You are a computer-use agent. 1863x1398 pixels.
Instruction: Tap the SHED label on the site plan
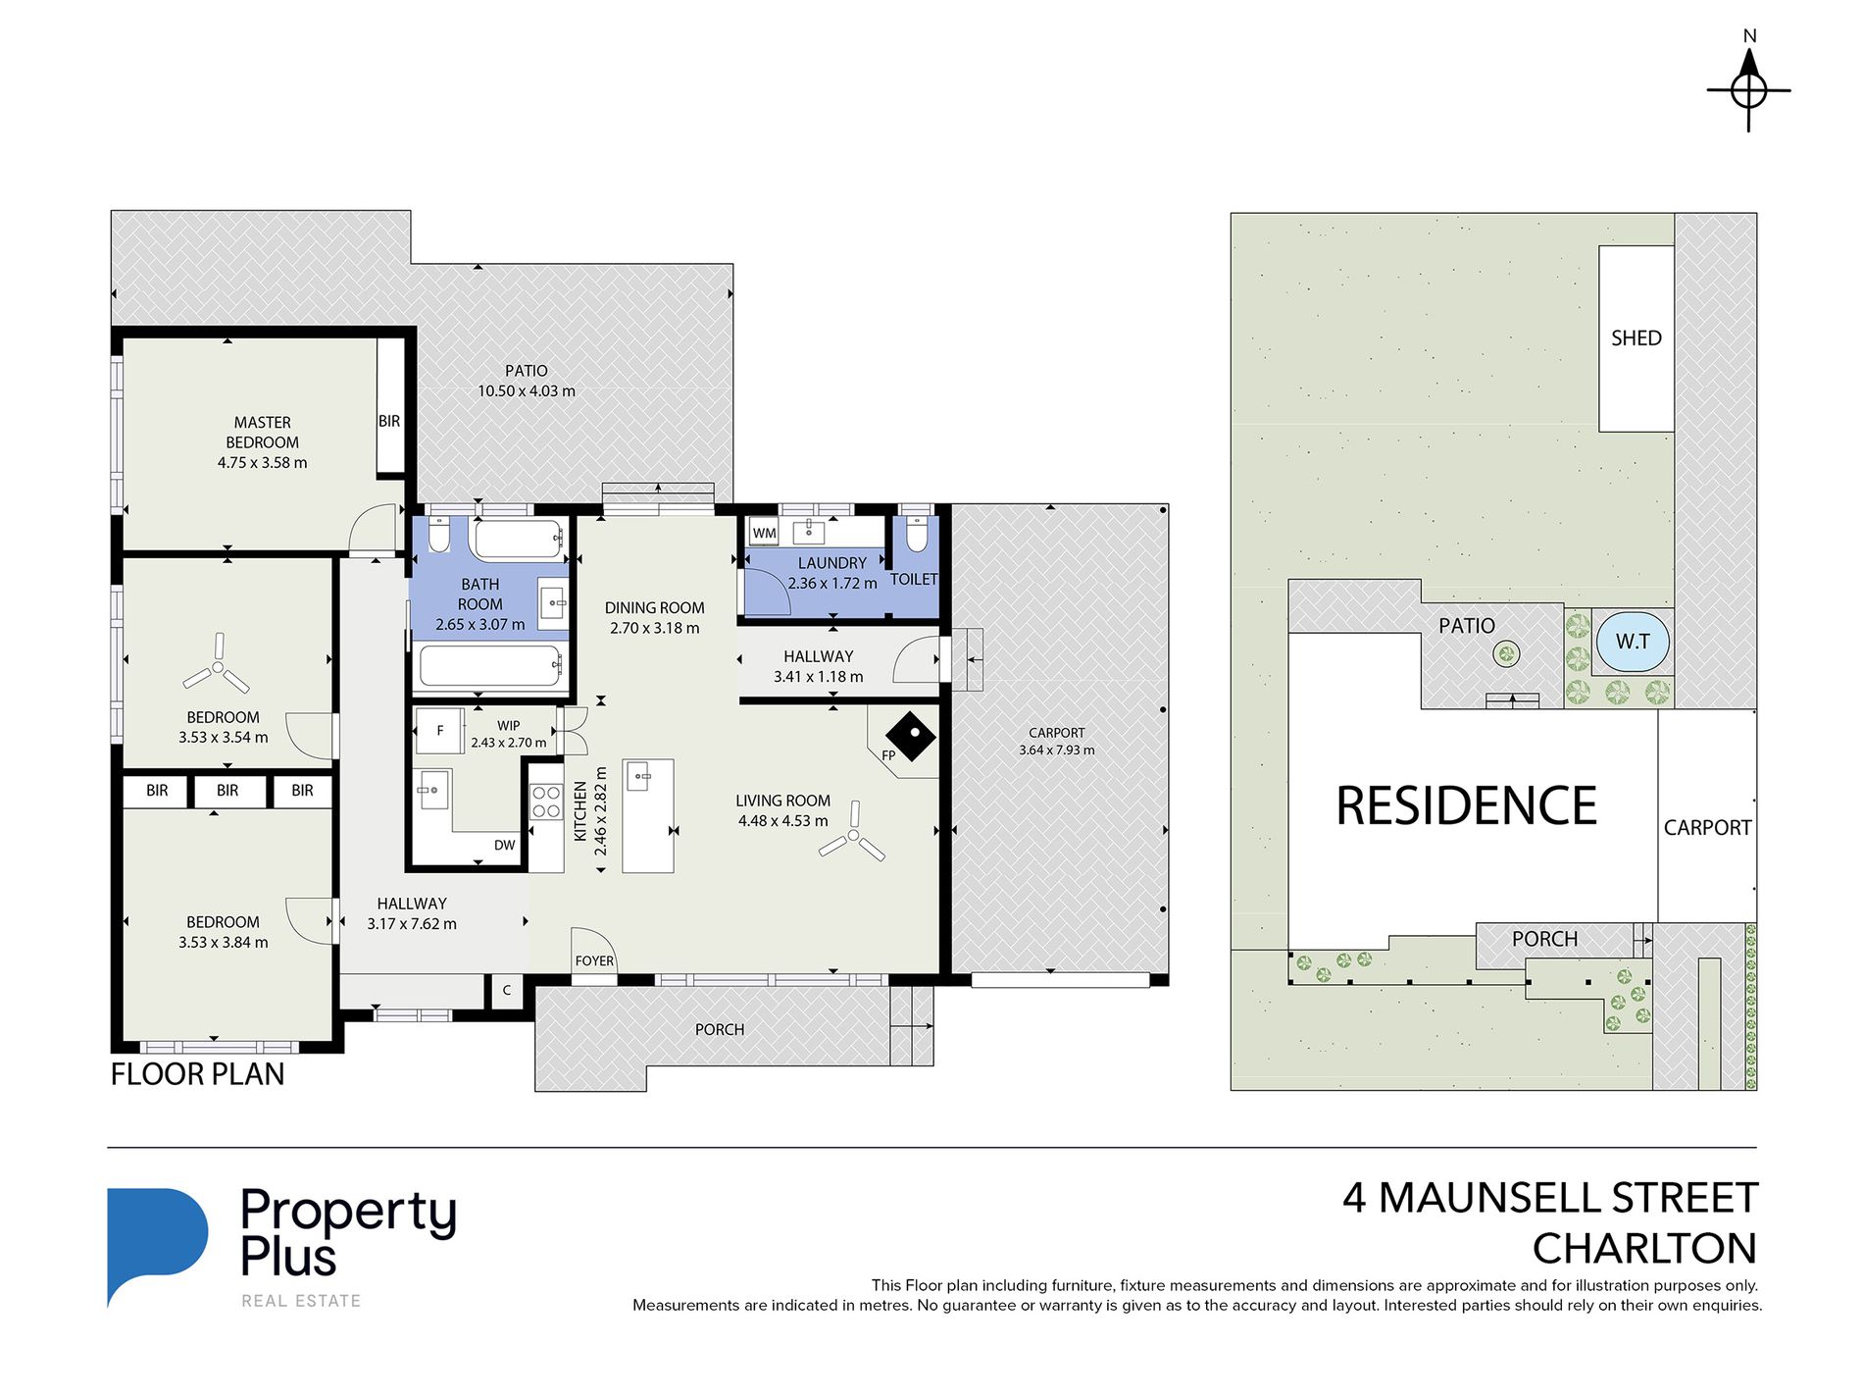pos(1636,337)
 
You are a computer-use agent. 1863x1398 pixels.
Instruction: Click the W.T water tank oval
pos(1631,642)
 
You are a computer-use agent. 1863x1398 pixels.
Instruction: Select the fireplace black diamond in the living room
pos(910,736)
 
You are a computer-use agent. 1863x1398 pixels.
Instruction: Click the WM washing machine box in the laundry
pos(765,533)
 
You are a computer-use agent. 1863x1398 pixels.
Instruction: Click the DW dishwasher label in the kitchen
pos(504,845)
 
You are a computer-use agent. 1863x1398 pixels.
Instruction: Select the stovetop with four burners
pos(546,801)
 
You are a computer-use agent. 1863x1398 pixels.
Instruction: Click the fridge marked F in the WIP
pos(440,730)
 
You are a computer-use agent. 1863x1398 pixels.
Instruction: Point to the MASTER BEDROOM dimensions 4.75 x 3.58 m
pos(262,462)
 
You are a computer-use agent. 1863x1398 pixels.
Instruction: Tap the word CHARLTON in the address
pos(1644,1249)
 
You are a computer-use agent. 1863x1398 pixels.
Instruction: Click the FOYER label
pos(594,960)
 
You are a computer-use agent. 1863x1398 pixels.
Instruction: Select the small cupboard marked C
pos(507,990)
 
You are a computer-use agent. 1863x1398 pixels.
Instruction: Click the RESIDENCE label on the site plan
pos(1466,805)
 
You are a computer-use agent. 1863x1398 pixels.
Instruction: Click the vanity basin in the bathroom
pos(553,599)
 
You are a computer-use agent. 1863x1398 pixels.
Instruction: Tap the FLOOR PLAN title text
pos(197,1074)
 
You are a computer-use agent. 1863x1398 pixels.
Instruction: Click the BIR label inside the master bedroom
pos(389,421)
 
